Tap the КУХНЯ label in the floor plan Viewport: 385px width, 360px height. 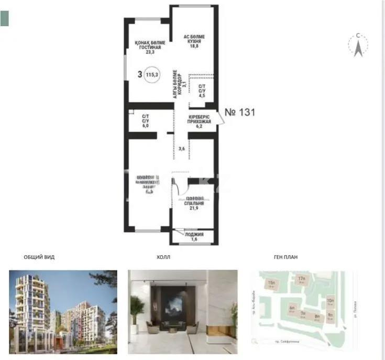(194, 41)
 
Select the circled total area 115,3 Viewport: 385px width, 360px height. (153, 74)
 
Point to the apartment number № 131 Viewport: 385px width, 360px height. (240, 112)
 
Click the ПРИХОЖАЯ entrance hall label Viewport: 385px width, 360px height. (199, 121)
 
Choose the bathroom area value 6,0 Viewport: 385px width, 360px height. (145, 126)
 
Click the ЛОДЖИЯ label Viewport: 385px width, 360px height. (193, 235)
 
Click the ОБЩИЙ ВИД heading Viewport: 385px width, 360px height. (39, 257)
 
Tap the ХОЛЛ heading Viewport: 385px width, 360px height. (163, 257)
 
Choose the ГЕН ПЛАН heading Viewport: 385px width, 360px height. (286, 257)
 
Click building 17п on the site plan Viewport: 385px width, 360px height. (301, 279)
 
